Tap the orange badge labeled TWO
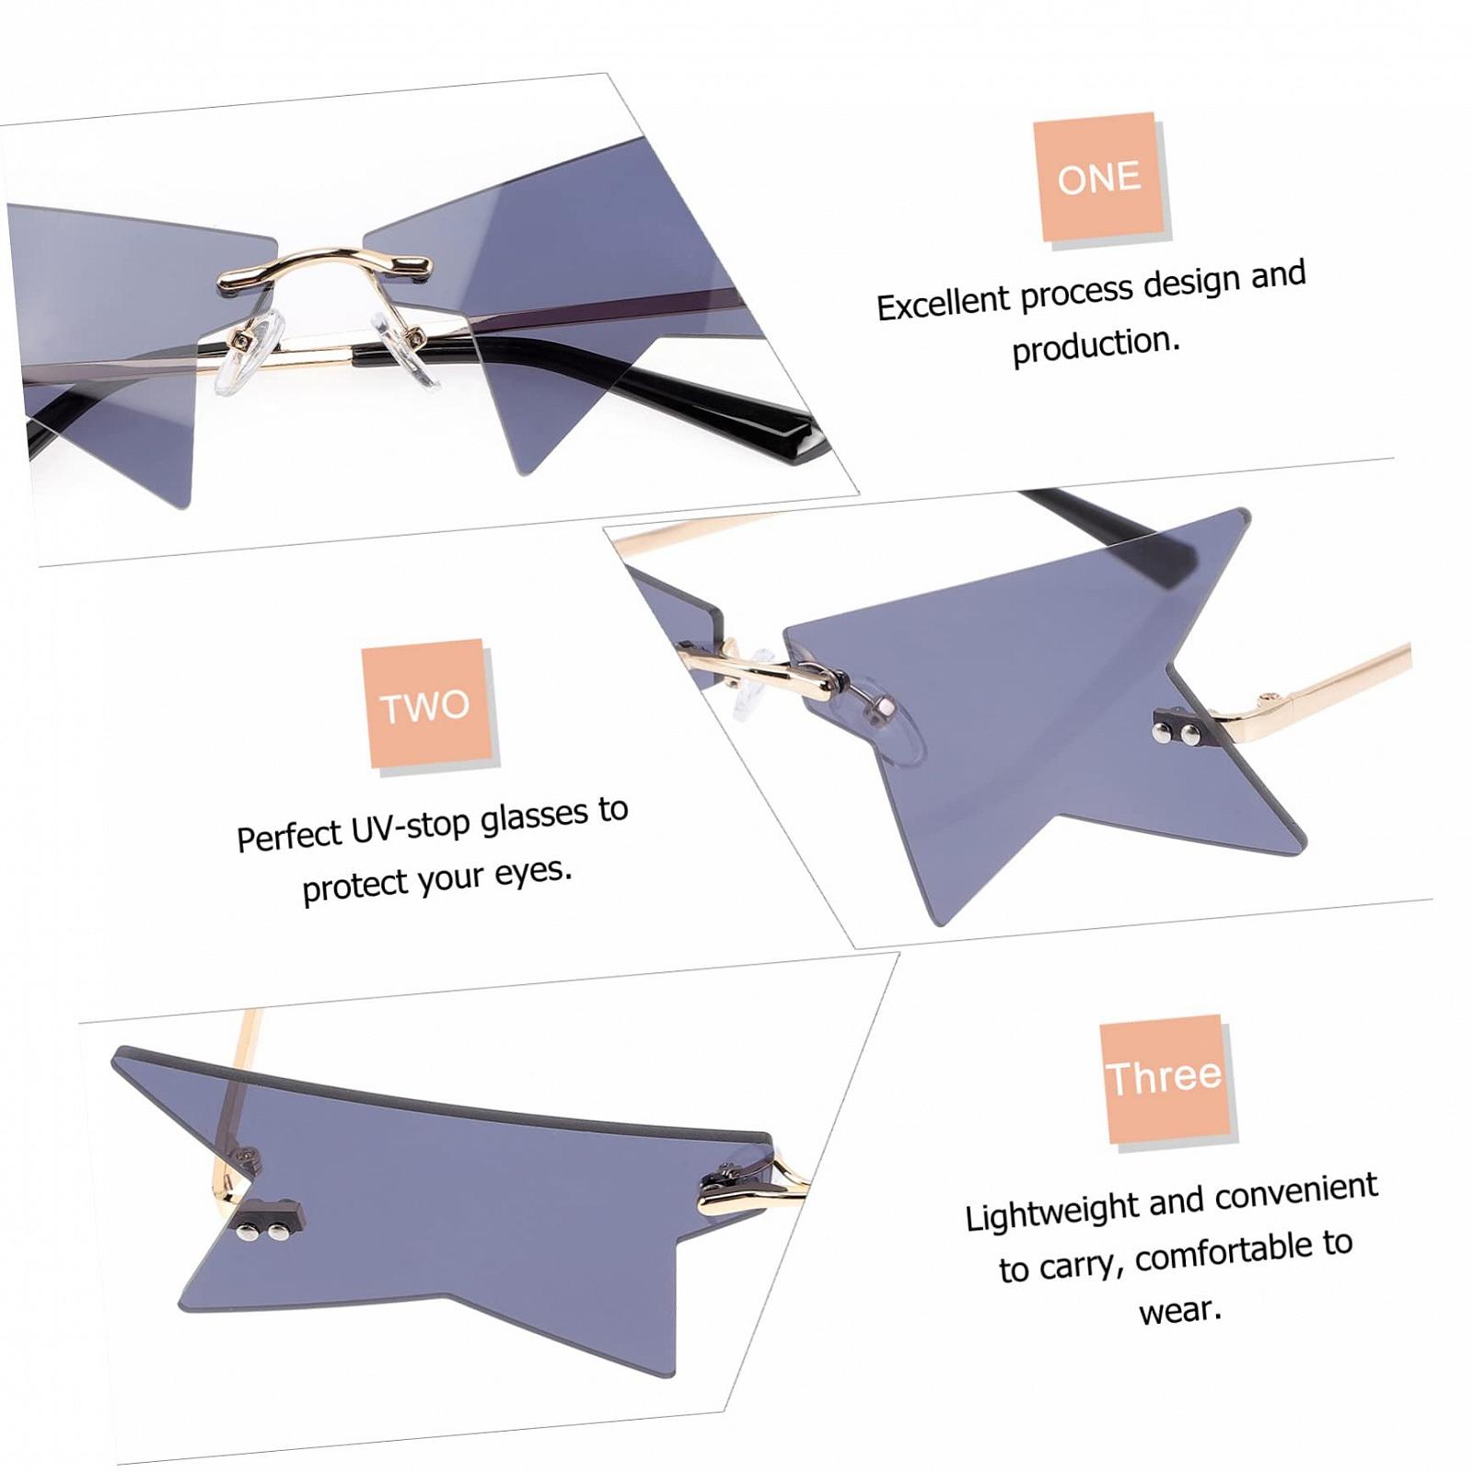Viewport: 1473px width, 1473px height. coord(425,704)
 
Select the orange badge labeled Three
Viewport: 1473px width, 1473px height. coord(1165,1079)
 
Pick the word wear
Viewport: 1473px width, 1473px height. coord(1180,1309)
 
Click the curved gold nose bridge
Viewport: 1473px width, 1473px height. coord(324,266)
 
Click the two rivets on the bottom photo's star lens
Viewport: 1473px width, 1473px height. coord(261,1224)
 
